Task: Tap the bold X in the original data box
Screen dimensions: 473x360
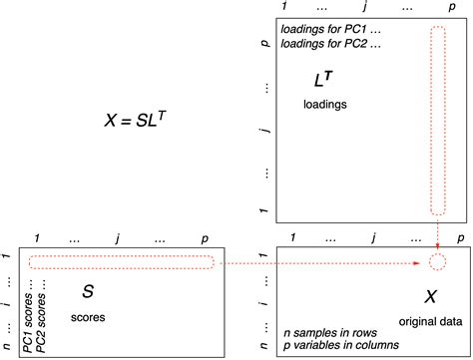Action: pos(430,297)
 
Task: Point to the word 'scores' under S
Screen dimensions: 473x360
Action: pos(88,318)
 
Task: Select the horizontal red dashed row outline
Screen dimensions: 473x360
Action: pos(119,263)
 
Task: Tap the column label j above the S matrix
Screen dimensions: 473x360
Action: pos(117,238)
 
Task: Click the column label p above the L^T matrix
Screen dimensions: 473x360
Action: pos(438,7)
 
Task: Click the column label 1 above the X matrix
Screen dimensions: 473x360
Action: pos(290,238)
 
